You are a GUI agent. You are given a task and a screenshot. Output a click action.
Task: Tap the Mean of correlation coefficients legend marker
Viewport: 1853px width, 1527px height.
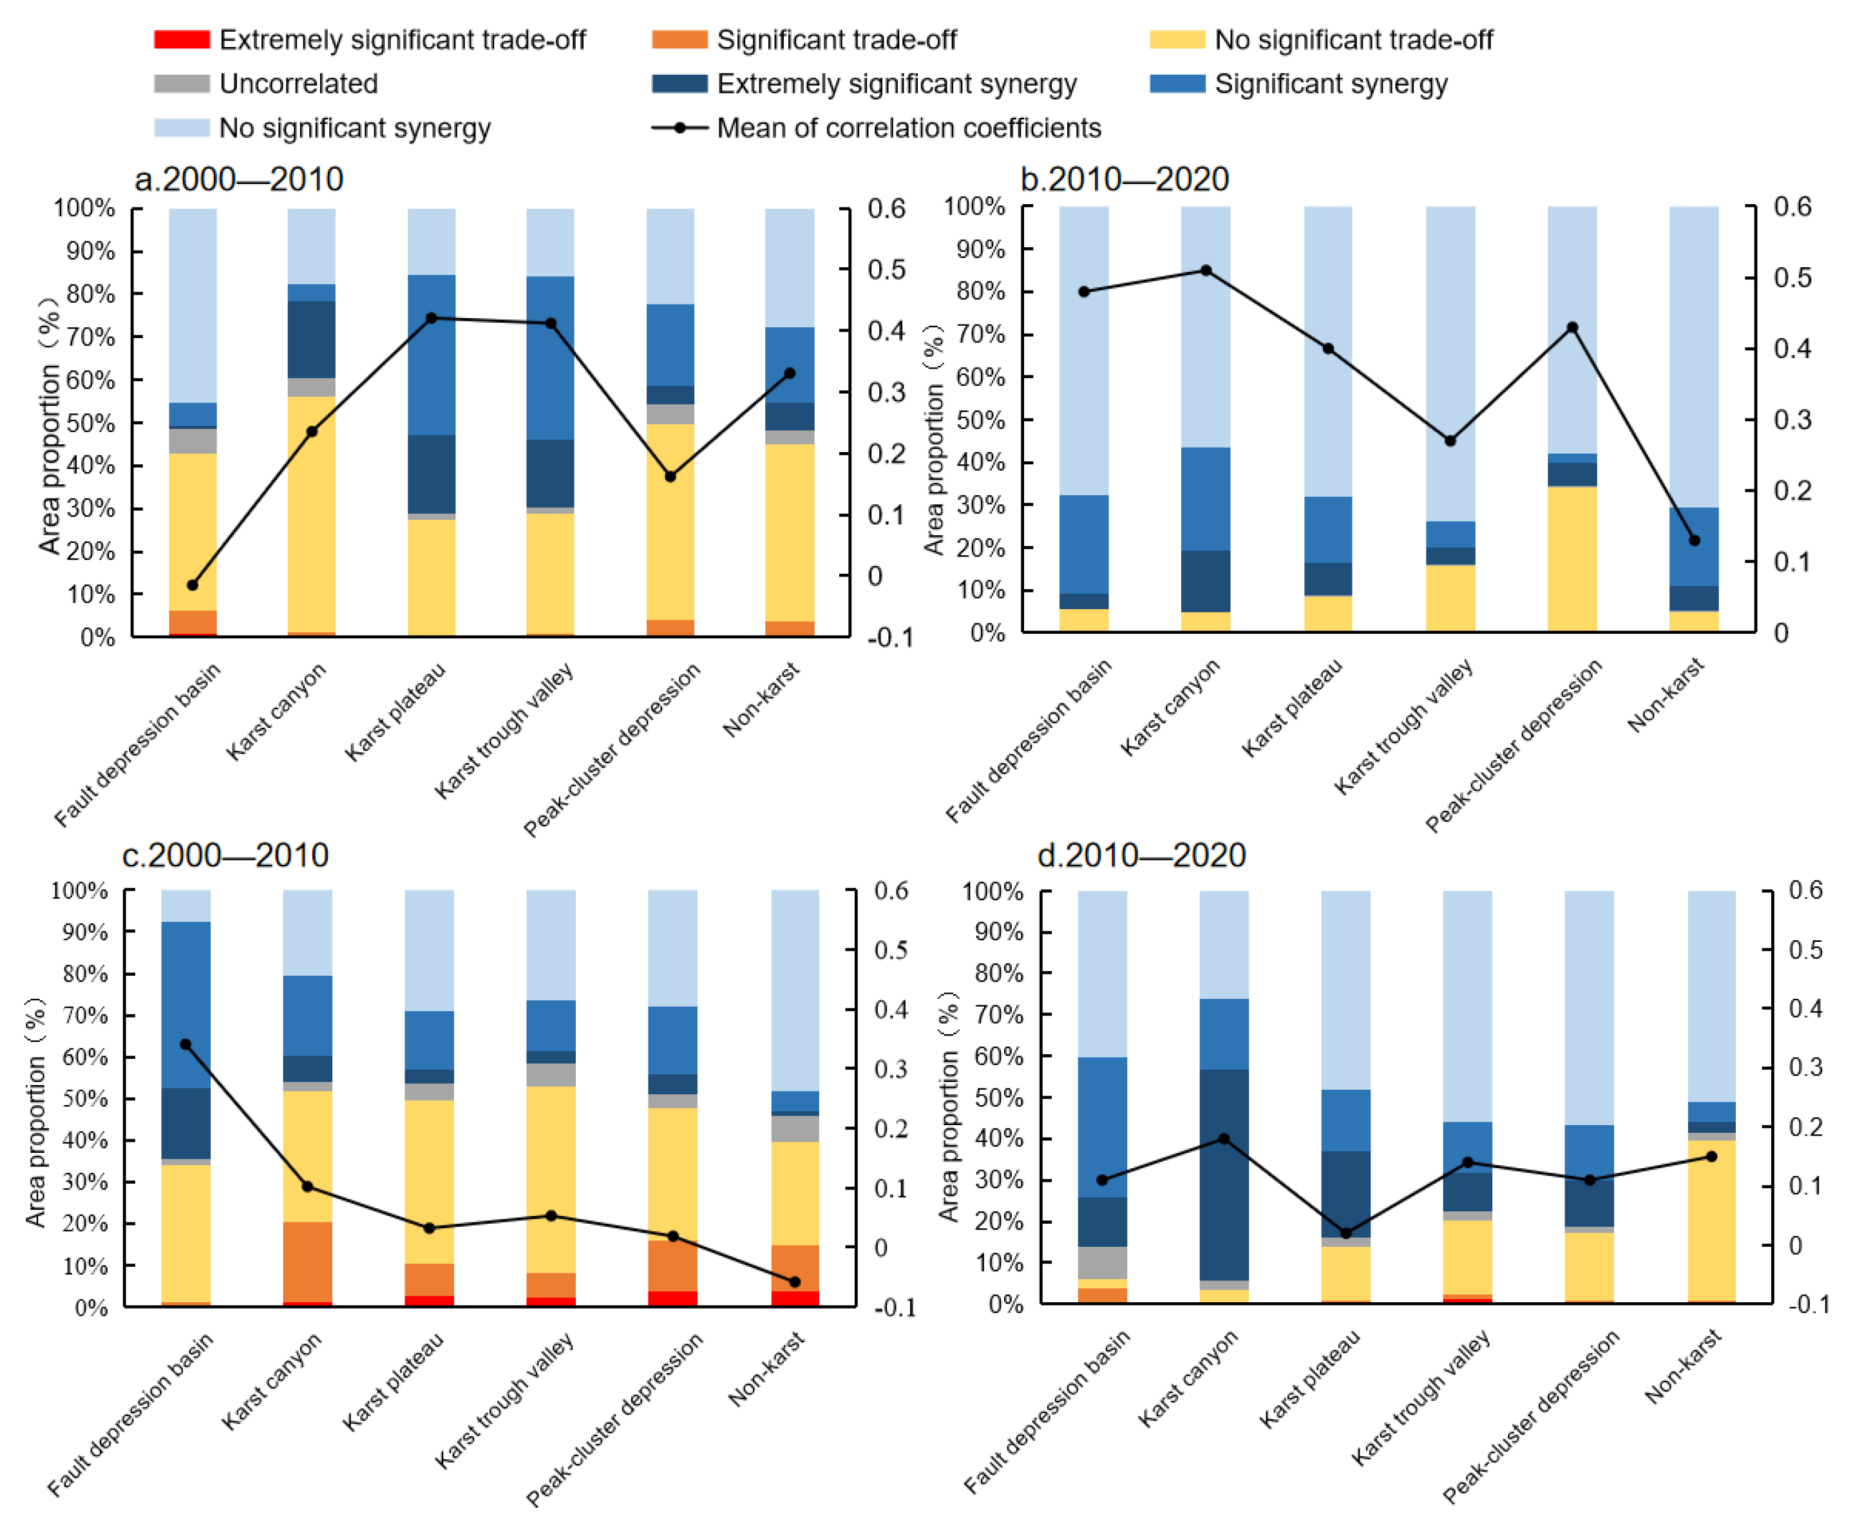[x=679, y=128]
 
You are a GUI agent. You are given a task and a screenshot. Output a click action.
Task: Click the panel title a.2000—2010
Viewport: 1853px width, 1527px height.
[x=238, y=180]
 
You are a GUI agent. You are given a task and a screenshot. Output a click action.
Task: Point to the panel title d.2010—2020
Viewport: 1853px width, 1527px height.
[x=1141, y=855]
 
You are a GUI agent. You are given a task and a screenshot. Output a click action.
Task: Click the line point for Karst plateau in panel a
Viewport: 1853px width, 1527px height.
[x=431, y=318]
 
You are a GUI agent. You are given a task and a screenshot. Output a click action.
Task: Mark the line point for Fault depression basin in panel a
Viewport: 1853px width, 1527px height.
[x=193, y=585]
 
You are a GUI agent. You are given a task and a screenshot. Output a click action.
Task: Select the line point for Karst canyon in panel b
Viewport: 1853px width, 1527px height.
[x=1206, y=270]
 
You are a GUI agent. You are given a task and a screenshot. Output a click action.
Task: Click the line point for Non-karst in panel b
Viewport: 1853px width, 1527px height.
[x=1695, y=540]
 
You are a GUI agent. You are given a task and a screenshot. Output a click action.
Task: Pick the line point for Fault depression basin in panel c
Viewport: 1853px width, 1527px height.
[x=185, y=1044]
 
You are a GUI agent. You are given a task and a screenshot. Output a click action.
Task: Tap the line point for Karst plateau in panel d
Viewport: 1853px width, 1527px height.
[x=1345, y=1233]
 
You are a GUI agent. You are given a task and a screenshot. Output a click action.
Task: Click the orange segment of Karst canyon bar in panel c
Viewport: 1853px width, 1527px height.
[x=307, y=1262]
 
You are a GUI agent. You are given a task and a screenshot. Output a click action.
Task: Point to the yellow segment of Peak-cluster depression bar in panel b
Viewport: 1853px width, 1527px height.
[x=1572, y=558]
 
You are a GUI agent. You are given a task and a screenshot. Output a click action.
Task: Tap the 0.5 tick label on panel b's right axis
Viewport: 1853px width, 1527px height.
[x=1791, y=277]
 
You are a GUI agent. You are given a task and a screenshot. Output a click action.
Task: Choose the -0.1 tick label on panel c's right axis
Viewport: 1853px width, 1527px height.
[x=895, y=1307]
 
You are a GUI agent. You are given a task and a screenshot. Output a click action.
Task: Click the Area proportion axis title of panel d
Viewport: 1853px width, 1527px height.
[x=948, y=1108]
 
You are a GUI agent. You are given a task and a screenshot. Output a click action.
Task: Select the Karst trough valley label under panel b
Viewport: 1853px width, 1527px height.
[x=1403, y=728]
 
